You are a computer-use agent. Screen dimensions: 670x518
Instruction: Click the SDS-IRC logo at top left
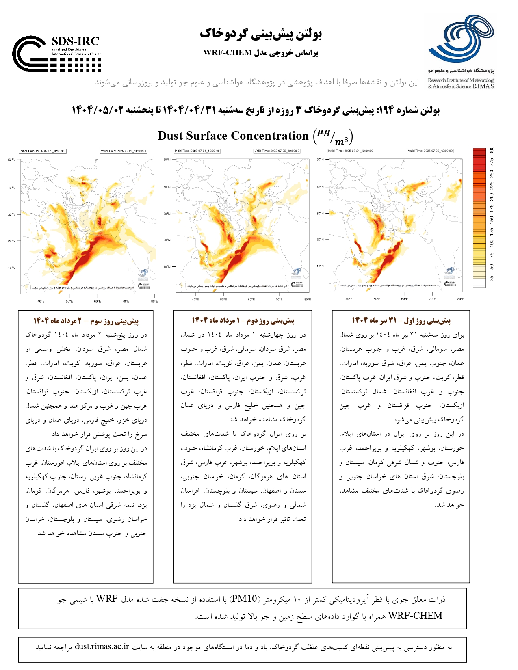pyautogui.click(x=56, y=54)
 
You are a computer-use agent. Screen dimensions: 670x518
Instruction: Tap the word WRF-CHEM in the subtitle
pyautogui.click(x=228, y=53)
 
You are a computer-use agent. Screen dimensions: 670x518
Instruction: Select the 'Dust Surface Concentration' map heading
pyautogui.click(x=233, y=136)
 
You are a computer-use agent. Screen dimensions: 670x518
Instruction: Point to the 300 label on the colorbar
pyautogui.click(x=492, y=150)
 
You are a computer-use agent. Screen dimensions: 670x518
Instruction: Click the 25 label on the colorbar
pyautogui.click(x=492, y=279)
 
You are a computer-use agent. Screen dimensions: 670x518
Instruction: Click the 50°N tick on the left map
pyautogui.click(x=11, y=160)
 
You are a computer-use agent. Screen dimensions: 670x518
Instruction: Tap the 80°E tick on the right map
pyautogui.click(x=460, y=299)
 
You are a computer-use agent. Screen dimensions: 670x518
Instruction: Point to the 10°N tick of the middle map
pyautogui.click(x=167, y=267)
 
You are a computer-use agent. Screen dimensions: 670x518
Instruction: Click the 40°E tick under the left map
pyautogui.click(x=41, y=301)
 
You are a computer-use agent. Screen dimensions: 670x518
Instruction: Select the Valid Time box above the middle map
pyautogui.click(x=277, y=151)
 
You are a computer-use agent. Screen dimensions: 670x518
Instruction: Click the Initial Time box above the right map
pyautogui.click(x=351, y=151)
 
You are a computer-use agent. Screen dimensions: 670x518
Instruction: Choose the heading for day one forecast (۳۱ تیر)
pyautogui.click(x=401, y=321)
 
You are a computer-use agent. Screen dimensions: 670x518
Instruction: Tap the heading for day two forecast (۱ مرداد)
pyautogui.click(x=243, y=321)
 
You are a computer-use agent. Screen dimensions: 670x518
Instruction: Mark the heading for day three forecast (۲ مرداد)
pyautogui.click(x=86, y=321)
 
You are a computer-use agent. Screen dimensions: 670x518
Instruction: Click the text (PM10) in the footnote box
pyautogui.click(x=243, y=599)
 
